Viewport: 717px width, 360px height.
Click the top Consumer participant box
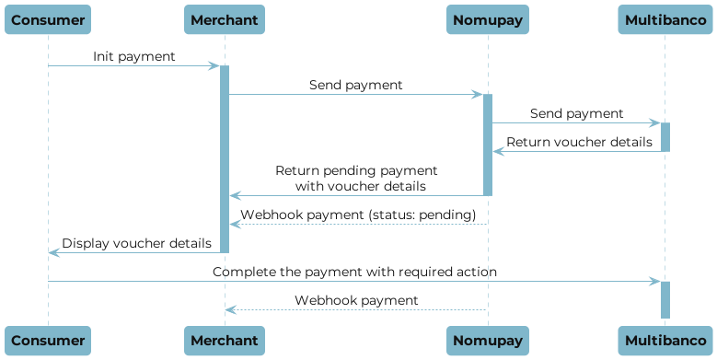coord(48,19)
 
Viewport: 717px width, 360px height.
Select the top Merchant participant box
coord(224,19)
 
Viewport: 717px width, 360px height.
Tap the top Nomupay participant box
coord(488,19)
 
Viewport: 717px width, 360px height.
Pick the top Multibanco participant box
coord(665,19)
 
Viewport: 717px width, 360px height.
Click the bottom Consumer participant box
coord(48,340)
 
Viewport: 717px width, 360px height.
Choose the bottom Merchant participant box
coord(224,340)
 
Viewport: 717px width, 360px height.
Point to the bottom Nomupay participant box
coord(488,340)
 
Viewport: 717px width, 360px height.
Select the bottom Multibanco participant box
coord(665,340)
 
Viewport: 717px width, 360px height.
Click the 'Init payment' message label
coord(133,57)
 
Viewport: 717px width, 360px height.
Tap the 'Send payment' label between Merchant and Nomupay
coord(355,85)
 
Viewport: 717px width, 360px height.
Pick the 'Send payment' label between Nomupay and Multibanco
coord(576,114)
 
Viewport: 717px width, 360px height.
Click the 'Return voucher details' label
coord(579,143)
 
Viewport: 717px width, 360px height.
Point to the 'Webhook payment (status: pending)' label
coord(358,215)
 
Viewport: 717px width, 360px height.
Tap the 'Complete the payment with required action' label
coord(355,273)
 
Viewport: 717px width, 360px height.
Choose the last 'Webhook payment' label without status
coord(356,301)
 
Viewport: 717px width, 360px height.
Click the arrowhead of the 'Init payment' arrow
coord(214,66)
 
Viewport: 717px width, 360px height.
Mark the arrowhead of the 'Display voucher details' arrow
coord(53,252)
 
